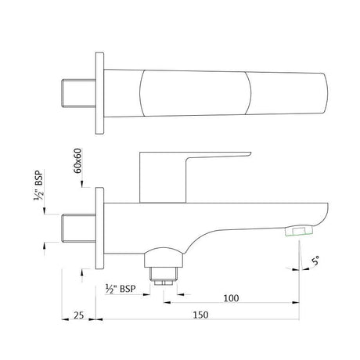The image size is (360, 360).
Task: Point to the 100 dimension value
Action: click(230, 298)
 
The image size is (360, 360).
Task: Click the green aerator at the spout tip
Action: click(299, 230)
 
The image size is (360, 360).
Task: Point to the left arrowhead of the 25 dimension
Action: click(64, 319)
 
